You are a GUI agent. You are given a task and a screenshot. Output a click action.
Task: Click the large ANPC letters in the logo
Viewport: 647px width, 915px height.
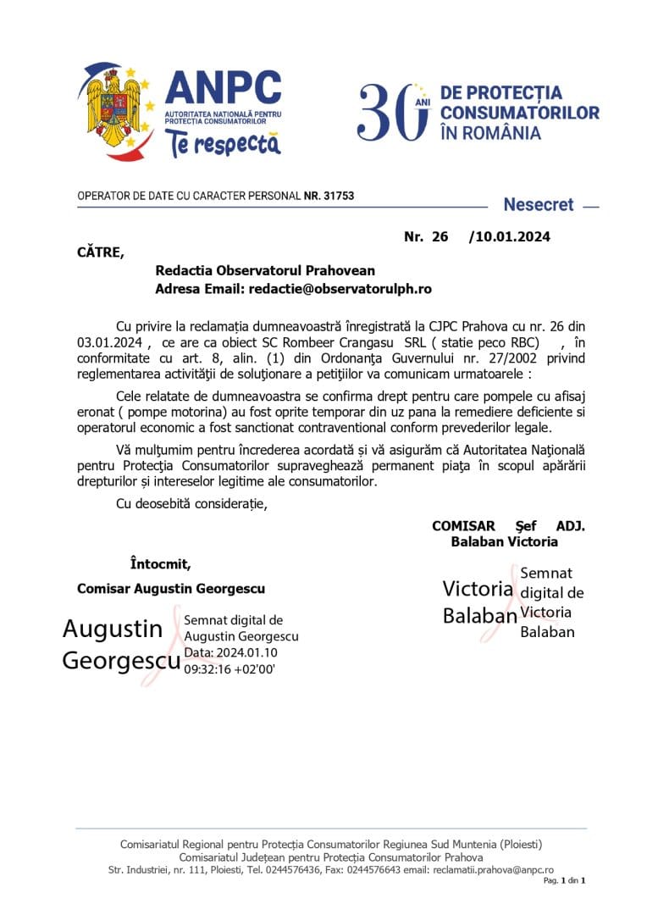pos(223,89)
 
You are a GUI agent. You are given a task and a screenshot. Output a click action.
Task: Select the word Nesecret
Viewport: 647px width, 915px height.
pos(538,204)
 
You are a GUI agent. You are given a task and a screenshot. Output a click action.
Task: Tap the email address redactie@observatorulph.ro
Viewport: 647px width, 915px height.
pos(340,289)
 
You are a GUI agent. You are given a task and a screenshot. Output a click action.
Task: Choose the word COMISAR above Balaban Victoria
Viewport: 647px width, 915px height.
pos(463,526)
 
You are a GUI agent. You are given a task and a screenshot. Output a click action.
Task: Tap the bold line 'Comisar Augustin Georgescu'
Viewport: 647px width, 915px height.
pos(170,588)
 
